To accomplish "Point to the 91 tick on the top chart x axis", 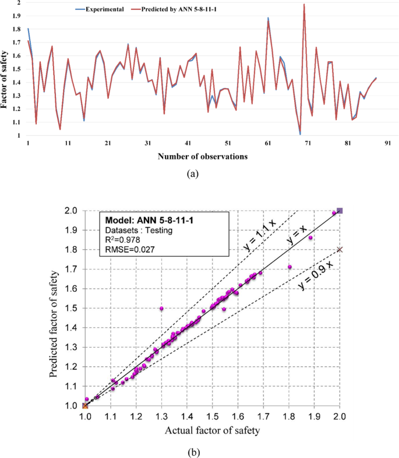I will pos(387,143).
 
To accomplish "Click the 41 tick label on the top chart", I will pos(188,143).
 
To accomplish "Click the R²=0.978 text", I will pos(123,240).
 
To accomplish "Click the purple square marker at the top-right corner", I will pos(340,211).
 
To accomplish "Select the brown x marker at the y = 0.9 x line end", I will pos(340,250).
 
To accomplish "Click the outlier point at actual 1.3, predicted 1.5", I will pos(161,308).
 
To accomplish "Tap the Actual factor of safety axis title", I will pos(213,431).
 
